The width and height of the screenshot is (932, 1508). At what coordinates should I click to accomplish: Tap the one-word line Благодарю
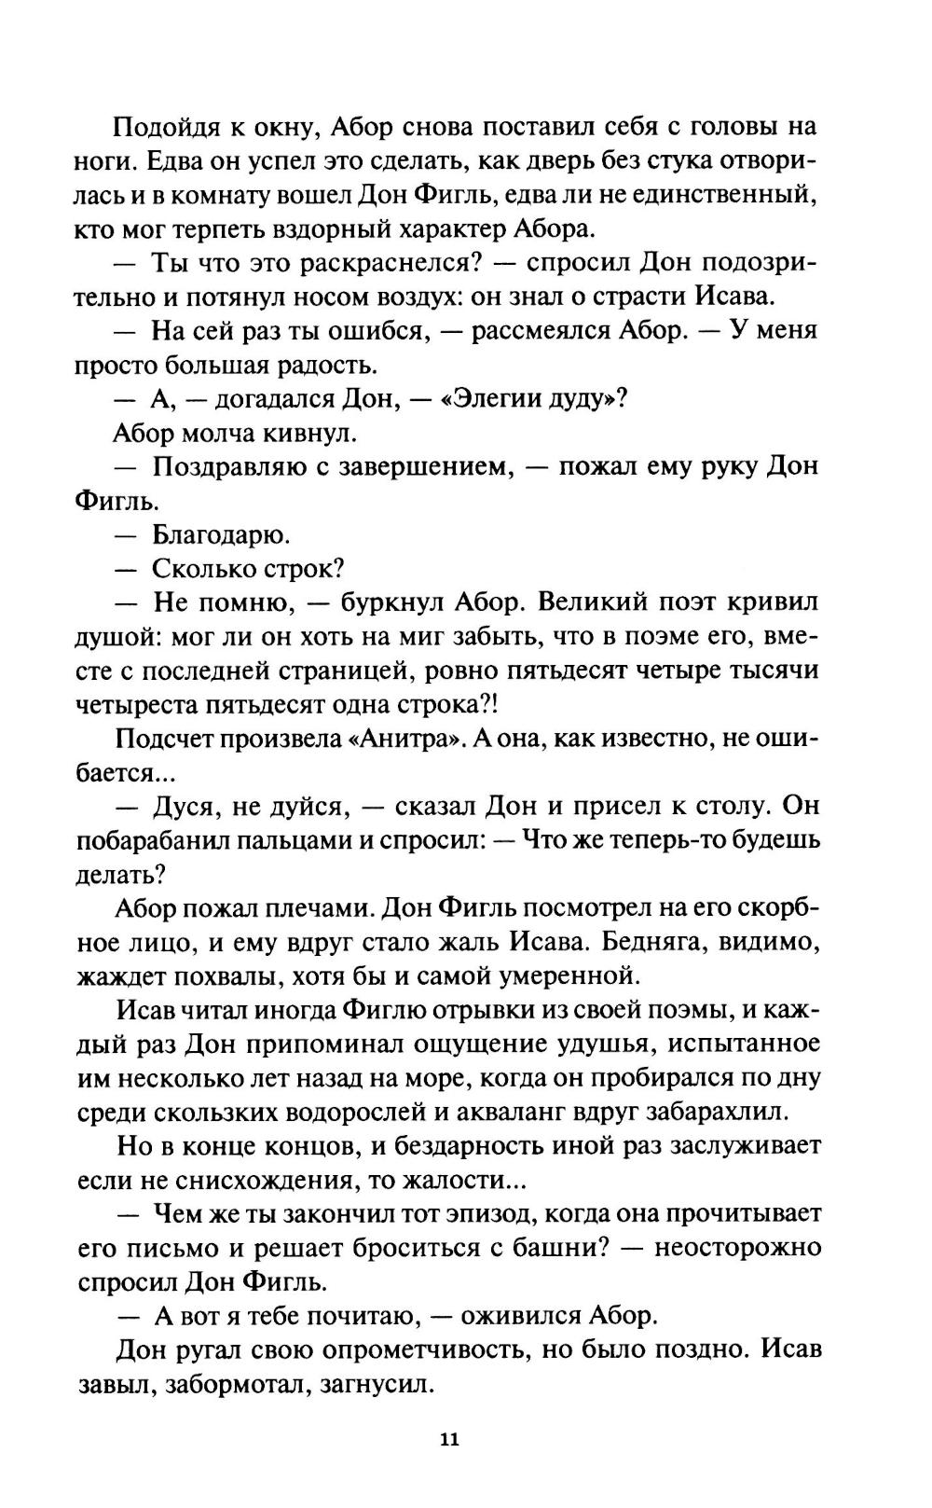click(x=221, y=535)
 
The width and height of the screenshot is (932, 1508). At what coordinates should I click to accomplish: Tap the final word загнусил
click(x=380, y=1385)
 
